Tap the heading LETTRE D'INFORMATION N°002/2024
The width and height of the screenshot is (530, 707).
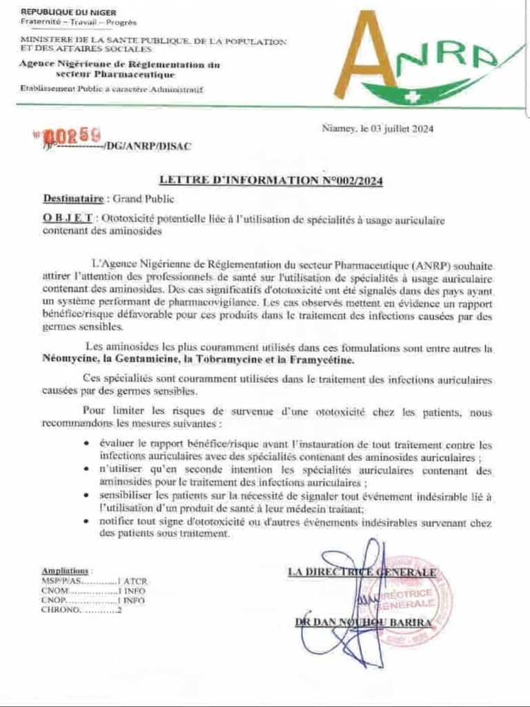pyautogui.click(x=271, y=181)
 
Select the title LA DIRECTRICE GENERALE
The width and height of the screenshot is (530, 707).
pyautogui.click(x=362, y=572)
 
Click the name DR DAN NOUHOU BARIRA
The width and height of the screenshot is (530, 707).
pyautogui.click(x=362, y=623)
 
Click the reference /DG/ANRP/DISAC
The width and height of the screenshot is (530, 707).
pyautogui.click(x=146, y=146)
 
